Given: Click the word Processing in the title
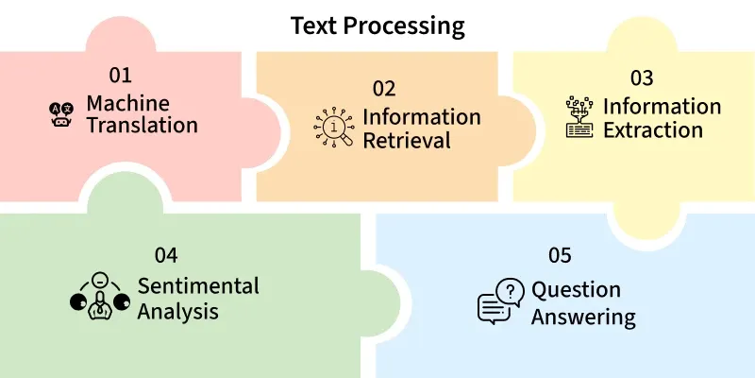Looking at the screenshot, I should pos(404,26).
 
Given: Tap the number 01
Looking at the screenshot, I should pos(120,75).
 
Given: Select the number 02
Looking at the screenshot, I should pos(383,89).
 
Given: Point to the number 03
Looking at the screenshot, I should pos(642,78).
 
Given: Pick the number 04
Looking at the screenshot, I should pos(166,254).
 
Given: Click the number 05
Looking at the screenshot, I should pos(560,255).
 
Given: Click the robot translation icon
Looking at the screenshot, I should pos(59,114).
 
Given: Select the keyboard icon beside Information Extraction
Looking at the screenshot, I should pos(579,117).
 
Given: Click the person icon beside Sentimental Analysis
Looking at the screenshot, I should pos(98,299).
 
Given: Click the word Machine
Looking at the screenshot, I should pos(127,102).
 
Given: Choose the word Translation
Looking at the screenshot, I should pos(143,126).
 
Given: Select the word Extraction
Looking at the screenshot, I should pos(653,129).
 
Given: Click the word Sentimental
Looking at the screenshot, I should pos(198,285).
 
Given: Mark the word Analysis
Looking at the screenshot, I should pos(178,310).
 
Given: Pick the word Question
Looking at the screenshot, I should pos(576,289).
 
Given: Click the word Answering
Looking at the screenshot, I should pos(583,316).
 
